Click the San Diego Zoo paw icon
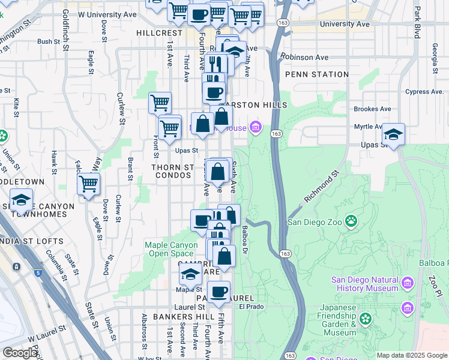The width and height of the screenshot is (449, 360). tap(351, 222)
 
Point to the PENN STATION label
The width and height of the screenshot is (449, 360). tap(317, 74)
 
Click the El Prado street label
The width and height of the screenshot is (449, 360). tap(251, 306)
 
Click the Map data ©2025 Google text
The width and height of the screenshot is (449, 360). tap(411, 355)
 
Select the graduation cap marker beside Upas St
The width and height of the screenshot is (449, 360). tap(394, 134)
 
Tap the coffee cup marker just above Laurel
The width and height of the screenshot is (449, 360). tap(219, 292)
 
